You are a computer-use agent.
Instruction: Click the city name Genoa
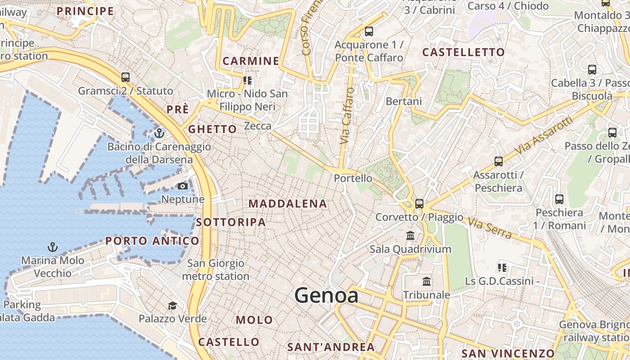[326, 296]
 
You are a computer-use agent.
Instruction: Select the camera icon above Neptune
[183, 186]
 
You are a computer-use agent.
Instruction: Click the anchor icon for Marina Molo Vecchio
[53, 247]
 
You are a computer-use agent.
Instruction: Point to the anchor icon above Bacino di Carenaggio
[159, 133]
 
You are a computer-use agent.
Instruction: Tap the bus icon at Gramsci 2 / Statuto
[126, 77]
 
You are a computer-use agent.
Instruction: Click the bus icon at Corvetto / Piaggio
[419, 203]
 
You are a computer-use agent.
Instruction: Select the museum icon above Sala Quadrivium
[410, 235]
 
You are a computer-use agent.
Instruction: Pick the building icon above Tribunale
[427, 282]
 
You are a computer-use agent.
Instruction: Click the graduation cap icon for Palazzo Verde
[172, 306]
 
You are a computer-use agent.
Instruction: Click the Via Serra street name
[490, 228]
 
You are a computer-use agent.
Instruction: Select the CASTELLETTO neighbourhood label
[463, 52]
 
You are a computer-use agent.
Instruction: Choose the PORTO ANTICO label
[152, 241]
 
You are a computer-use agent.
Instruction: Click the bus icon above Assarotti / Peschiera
[498, 162]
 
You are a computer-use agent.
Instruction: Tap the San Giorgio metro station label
[216, 270]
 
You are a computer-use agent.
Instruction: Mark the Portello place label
[353, 178]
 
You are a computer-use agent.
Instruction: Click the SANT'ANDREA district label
[331, 347]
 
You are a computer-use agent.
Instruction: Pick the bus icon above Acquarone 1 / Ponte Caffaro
[369, 31]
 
